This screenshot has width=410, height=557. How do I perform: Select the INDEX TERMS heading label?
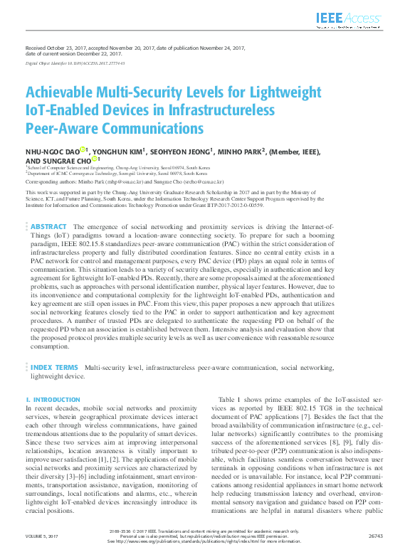pos(54,367)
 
